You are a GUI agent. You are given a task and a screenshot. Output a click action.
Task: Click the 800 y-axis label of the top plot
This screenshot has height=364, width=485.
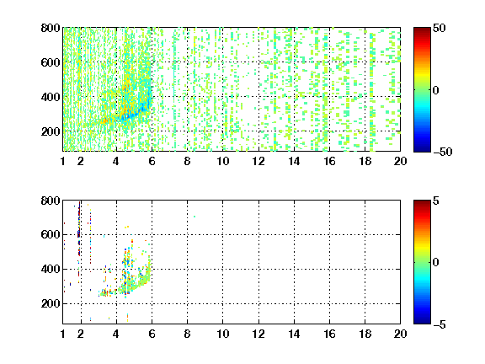pos(51,28)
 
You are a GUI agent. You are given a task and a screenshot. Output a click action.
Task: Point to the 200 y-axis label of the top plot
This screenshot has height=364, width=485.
pos(51,131)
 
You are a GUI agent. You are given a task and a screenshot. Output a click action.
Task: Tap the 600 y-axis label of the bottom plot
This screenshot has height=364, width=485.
pos(51,234)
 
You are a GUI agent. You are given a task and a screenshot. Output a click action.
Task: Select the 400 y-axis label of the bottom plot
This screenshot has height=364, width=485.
pos(51,269)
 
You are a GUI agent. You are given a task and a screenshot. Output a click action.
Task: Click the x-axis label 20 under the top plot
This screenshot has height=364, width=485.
pos(400,161)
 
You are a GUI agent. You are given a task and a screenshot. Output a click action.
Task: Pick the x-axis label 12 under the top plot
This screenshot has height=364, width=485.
pos(258,161)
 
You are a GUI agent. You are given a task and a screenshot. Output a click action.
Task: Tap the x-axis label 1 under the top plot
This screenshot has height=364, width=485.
pos(63,161)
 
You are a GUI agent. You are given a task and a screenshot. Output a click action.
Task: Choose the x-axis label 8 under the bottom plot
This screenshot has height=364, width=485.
pos(187,334)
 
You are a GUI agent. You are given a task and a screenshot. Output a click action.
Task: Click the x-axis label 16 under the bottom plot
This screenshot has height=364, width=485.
pos(330,334)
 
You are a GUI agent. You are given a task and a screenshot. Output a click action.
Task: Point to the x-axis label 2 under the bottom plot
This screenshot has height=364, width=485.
pos(81,334)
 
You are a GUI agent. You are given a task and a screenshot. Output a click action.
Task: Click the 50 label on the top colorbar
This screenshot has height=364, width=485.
pos(440,28)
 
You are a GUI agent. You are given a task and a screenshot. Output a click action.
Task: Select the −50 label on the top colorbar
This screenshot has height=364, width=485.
pos(443,152)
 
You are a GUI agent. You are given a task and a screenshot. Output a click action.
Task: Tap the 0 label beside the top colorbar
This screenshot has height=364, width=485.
pos(436,90)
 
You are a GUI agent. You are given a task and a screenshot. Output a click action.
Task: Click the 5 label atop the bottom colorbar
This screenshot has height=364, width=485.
pos(436,201)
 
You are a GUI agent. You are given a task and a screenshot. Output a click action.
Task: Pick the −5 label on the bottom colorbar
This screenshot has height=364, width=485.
pos(440,324)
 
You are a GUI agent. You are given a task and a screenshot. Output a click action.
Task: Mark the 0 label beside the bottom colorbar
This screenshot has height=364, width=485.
pos(436,263)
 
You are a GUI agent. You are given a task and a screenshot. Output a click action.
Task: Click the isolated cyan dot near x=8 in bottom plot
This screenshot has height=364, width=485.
pos(195,217)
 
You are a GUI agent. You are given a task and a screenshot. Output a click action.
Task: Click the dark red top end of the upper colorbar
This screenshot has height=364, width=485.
pos(422,29)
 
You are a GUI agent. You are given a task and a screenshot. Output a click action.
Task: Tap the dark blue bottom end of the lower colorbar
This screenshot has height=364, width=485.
pos(422,322)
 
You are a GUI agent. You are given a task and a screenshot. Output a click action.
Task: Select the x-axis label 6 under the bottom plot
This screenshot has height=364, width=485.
pos(152,334)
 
